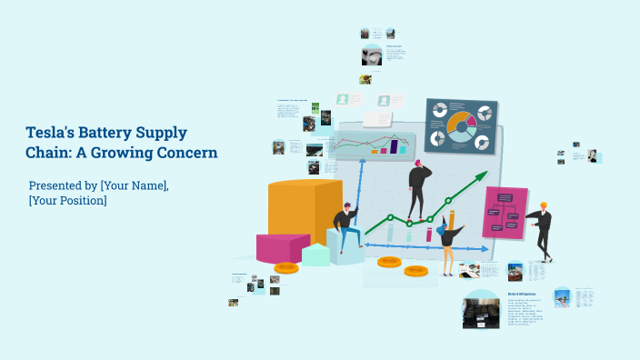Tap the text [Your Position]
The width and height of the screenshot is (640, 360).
[68, 200]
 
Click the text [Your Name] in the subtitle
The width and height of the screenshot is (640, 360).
[134, 185]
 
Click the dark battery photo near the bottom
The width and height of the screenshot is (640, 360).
[480, 309]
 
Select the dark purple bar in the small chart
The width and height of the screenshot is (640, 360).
[394, 146]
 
